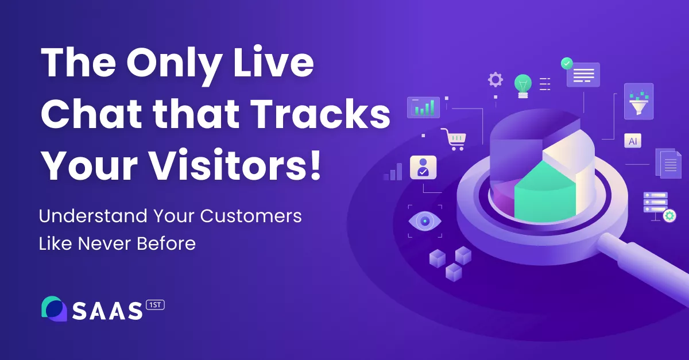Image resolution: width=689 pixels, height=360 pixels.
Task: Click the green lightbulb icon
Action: [x=522, y=84]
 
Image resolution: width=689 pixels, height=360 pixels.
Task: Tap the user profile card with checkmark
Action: [x=423, y=167]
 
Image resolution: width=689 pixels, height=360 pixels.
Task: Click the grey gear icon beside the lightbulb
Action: [x=495, y=79]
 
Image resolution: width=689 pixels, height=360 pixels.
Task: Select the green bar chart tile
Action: [x=423, y=107]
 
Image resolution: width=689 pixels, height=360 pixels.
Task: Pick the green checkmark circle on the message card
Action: [x=567, y=63]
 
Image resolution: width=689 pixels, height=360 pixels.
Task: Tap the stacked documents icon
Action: [x=668, y=163]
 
